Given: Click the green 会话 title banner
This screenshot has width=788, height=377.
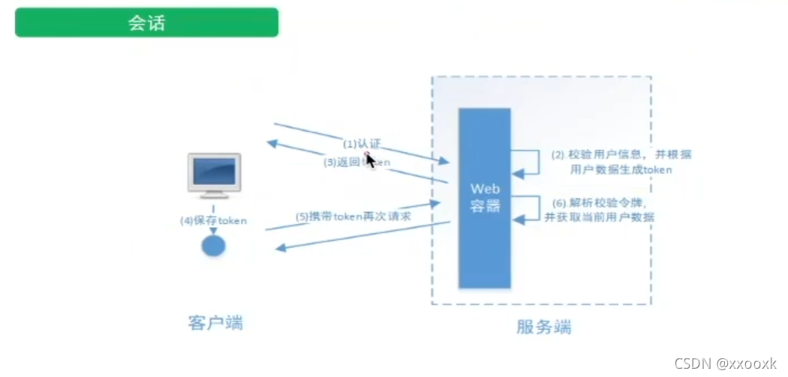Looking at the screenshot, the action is [146, 22].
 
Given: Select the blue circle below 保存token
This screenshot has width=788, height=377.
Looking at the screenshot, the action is [214, 245].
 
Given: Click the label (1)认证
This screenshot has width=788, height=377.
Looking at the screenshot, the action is [363, 142].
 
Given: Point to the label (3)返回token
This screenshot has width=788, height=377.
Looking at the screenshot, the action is [357, 161].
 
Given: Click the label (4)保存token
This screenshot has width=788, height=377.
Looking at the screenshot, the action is [212, 220].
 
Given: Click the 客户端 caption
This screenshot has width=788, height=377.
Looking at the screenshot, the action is [215, 322].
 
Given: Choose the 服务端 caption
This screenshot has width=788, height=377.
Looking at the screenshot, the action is [543, 327].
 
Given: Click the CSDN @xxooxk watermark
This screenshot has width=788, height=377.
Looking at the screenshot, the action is [725, 363].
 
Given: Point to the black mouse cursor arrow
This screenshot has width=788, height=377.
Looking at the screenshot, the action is [369, 160].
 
